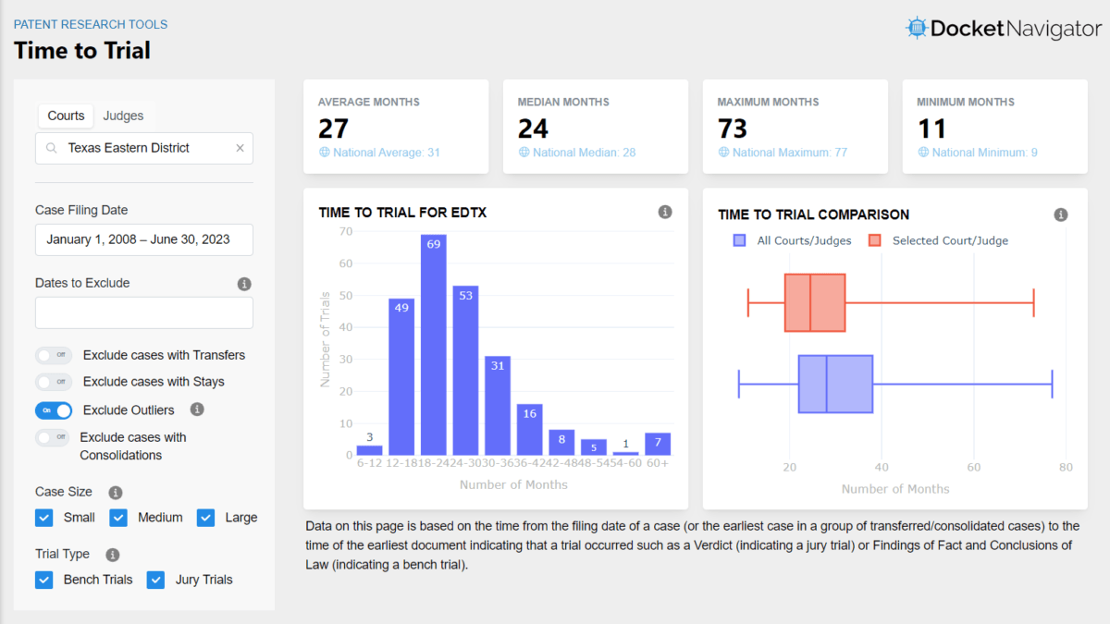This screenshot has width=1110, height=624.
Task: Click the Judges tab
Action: [123, 116]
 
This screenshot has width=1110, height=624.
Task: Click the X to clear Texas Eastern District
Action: [240, 148]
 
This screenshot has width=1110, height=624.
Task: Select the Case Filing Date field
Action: [144, 239]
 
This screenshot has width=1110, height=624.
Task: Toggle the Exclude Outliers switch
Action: [54, 410]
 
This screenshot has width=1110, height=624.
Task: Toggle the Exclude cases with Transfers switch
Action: [54, 355]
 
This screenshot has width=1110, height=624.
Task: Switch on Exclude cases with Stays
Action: [54, 382]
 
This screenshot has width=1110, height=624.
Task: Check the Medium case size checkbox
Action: [118, 518]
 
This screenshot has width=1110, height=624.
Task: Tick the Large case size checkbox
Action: [205, 518]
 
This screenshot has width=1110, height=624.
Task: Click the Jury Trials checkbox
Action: [156, 580]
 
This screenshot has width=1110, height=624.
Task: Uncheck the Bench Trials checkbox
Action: [44, 580]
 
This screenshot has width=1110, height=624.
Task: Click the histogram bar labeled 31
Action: [498, 406]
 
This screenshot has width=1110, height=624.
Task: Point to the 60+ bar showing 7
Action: [658, 444]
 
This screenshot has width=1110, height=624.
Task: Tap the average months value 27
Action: [333, 128]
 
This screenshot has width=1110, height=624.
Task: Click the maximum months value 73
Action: [733, 128]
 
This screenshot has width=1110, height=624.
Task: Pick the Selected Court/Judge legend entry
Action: [939, 240]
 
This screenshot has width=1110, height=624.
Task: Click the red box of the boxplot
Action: [815, 302]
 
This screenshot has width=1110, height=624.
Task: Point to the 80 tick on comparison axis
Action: [1066, 468]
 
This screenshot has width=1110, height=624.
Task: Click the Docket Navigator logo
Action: [1004, 29]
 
